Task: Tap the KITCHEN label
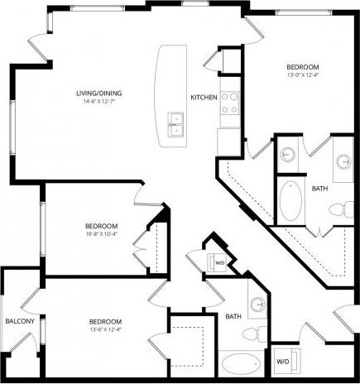[x=204, y=98]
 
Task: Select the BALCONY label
[x=19, y=321]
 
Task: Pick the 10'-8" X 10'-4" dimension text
[x=101, y=234]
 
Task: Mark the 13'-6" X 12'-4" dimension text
[x=106, y=330]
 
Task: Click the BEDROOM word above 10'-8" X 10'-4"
[x=101, y=226]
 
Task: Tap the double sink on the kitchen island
[x=175, y=124]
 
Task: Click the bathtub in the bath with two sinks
[x=290, y=199]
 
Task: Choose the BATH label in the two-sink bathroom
[x=319, y=189]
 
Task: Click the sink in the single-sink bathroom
[x=257, y=305]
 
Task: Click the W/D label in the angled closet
[x=220, y=263]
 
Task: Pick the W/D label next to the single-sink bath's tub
[x=283, y=362]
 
